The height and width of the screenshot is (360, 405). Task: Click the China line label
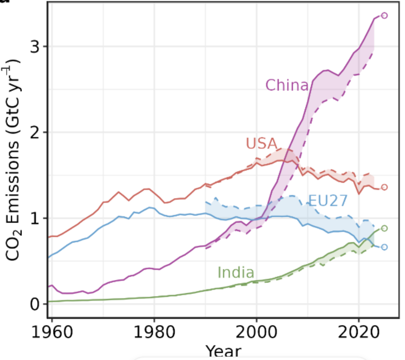(287, 85)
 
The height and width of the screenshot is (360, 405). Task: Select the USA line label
(261, 143)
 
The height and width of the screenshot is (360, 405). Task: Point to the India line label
(236, 272)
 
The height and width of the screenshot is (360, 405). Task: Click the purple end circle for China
(384, 16)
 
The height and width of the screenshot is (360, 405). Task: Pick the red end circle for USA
(384, 187)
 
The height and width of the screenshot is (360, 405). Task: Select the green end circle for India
(384, 228)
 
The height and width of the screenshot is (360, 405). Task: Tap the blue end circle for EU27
(384, 247)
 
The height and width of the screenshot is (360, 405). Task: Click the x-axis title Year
(223, 351)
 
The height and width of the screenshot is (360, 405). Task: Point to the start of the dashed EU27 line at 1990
(205, 201)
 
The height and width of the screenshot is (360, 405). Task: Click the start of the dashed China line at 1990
(205, 249)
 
